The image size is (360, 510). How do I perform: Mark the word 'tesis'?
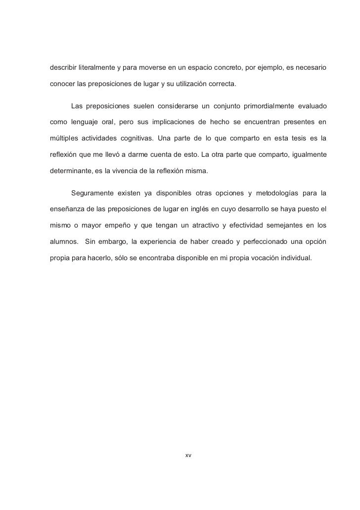pos(297,139)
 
